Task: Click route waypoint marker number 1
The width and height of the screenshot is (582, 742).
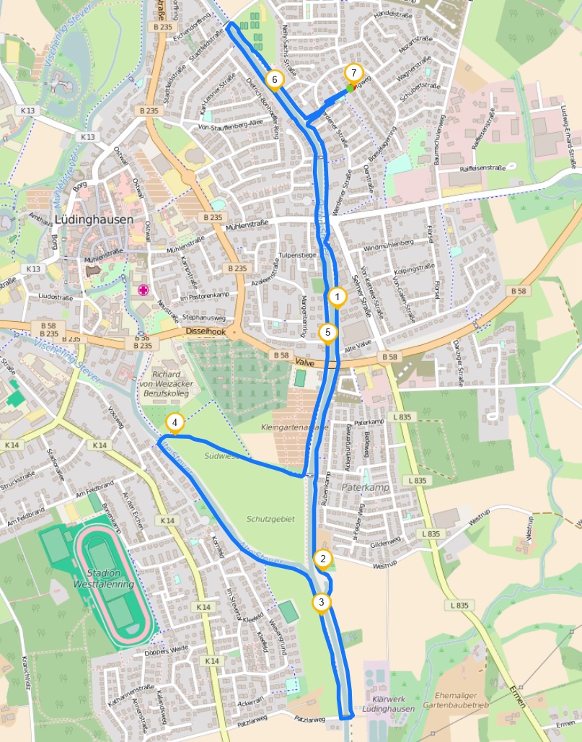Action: click(336, 296)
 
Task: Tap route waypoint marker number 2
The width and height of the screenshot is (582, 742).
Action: click(323, 558)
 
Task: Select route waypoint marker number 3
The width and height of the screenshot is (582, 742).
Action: click(321, 601)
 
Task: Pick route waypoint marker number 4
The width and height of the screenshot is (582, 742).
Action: click(174, 422)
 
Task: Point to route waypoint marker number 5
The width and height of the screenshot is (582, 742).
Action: click(328, 332)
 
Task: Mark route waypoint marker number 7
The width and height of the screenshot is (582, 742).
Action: click(353, 72)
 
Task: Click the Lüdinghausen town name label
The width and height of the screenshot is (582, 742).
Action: click(94, 219)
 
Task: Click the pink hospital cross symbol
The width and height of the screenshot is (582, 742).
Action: click(143, 290)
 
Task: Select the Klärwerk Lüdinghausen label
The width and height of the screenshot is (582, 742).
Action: click(390, 704)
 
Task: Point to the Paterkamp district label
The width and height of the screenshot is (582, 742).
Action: click(365, 488)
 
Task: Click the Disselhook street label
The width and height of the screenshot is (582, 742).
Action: click(206, 331)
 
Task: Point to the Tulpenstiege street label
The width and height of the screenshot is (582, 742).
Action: click(299, 255)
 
